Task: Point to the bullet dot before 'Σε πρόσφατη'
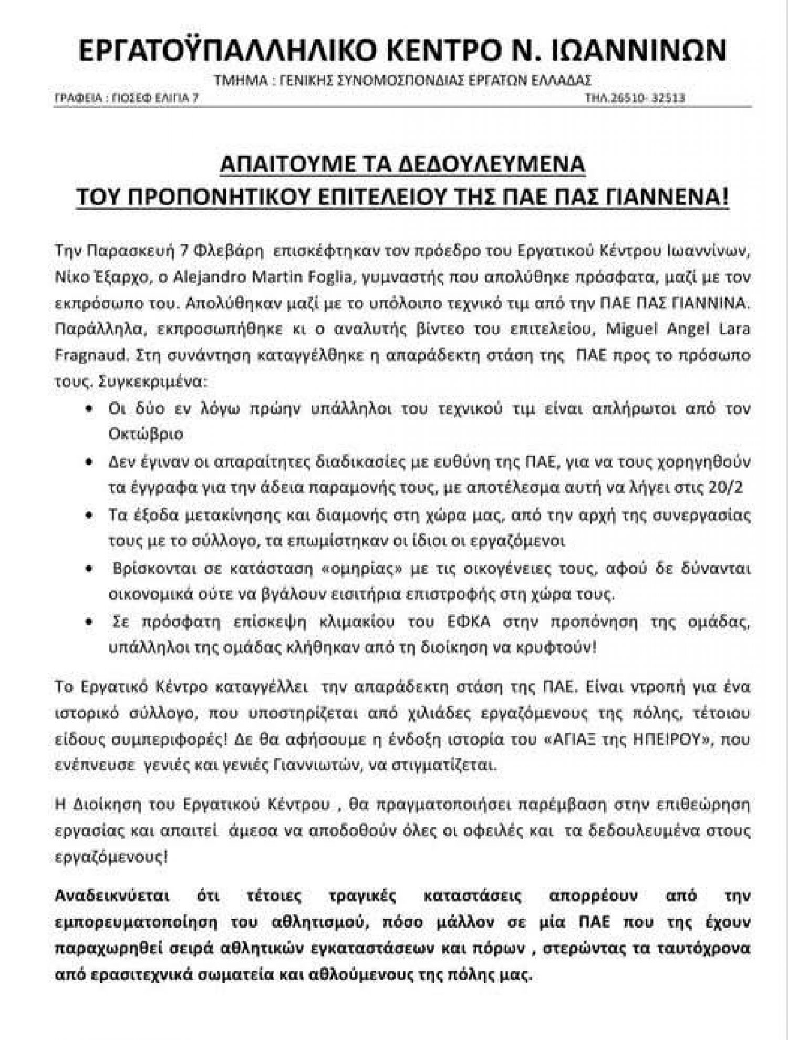(x=91, y=622)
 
